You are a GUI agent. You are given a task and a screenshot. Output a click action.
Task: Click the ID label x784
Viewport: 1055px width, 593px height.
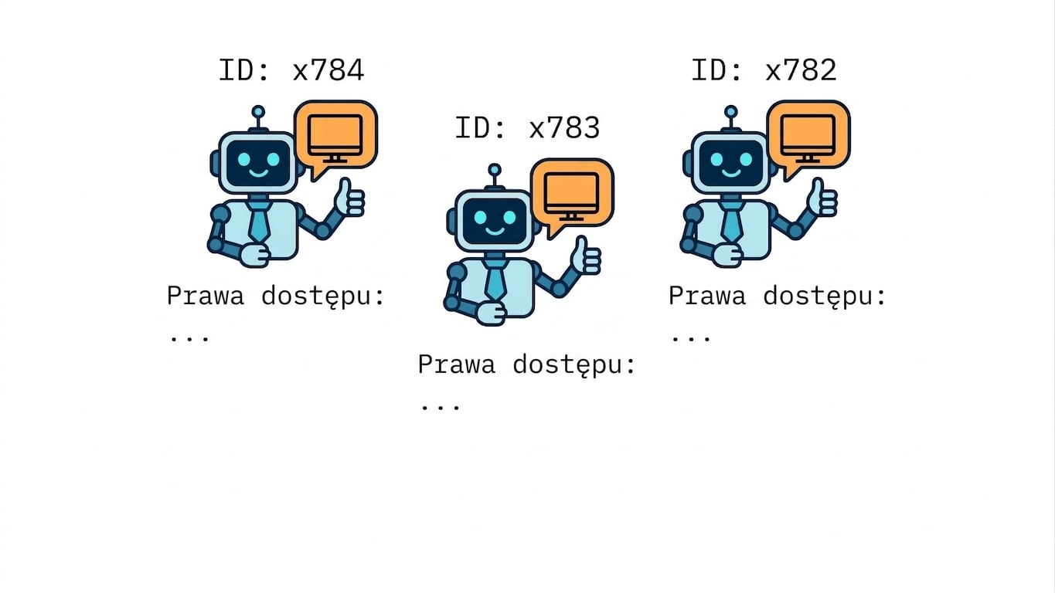tap(291, 70)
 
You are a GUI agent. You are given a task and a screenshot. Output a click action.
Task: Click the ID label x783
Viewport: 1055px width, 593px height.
tap(527, 127)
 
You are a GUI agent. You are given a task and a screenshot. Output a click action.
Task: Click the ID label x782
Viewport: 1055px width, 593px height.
tap(764, 70)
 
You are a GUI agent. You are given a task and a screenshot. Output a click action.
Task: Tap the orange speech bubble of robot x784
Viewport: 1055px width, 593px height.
tap(335, 137)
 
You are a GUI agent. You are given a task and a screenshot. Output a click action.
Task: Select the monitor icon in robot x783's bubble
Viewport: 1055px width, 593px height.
tap(571, 196)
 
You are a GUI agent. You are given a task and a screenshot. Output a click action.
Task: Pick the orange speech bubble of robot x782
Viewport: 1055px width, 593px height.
tap(808, 137)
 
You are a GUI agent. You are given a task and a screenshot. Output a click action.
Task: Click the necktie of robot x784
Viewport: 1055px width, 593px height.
tap(259, 221)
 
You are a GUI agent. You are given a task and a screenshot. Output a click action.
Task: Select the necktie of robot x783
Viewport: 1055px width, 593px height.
tap(495, 280)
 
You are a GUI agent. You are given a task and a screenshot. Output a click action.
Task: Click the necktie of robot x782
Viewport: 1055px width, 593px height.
tap(731, 221)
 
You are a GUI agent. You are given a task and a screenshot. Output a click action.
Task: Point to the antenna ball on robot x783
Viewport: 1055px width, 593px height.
tap(495, 170)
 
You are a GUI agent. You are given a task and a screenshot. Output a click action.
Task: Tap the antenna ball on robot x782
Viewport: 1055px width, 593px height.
tap(731, 112)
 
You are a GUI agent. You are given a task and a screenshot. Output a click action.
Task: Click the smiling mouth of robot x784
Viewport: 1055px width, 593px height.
tap(259, 174)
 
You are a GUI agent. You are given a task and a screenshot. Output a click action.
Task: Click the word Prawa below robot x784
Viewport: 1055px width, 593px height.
tap(206, 296)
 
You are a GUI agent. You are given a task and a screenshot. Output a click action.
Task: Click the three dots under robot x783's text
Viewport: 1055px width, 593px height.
tap(441, 408)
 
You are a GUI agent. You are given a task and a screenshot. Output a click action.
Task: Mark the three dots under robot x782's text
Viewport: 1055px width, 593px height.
tap(691, 338)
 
